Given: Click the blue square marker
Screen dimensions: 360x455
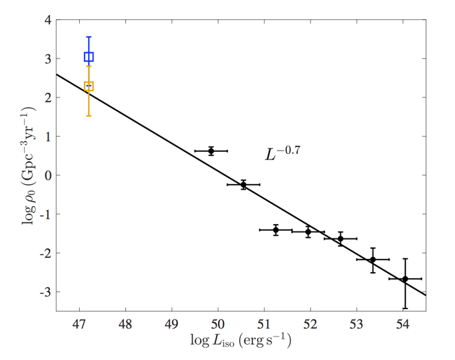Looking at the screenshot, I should (89, 56).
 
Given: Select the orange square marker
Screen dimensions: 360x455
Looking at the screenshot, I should (89, 87).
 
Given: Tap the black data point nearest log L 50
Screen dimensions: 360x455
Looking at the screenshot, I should (211, 150).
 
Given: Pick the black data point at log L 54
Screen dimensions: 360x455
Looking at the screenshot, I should (405, 279).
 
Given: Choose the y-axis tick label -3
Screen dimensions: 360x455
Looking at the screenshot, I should (45, 292).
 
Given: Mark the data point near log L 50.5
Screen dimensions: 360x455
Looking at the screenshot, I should (243, 185).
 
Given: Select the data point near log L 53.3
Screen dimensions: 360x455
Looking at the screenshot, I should (373, 260).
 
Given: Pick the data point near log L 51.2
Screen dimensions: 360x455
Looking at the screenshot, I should (276, 230).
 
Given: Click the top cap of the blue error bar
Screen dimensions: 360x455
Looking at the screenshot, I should (89, 37).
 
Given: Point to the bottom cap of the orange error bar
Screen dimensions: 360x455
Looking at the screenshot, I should (89, 115).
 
